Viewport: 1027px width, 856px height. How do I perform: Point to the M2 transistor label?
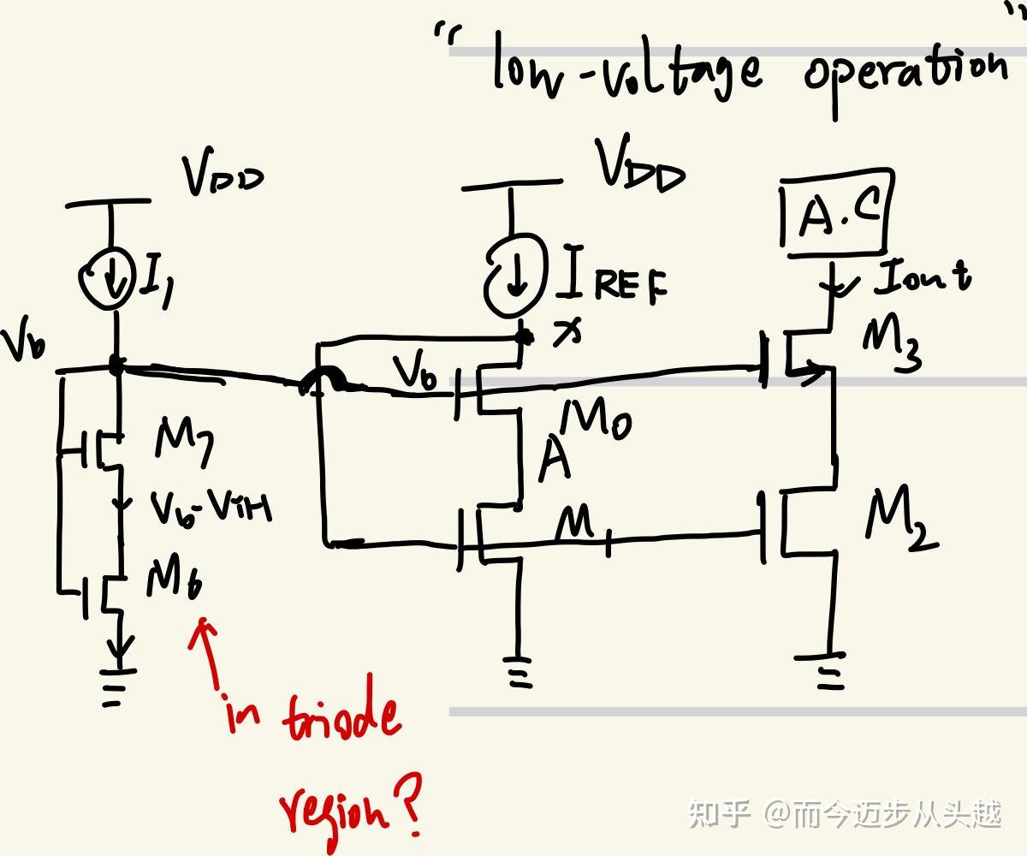901,520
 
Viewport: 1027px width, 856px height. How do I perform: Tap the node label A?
555,463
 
